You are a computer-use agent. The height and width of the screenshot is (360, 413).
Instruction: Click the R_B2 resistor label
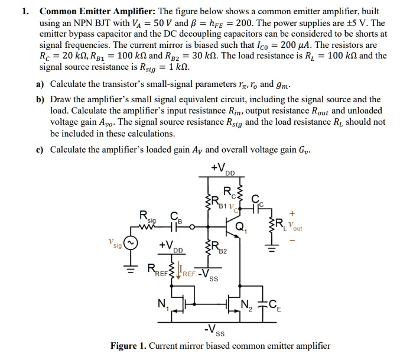pos(219,249)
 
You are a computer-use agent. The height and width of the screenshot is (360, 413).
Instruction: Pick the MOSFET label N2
pos(246,307)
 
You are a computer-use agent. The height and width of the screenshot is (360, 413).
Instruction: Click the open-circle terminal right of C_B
pos(190,226)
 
